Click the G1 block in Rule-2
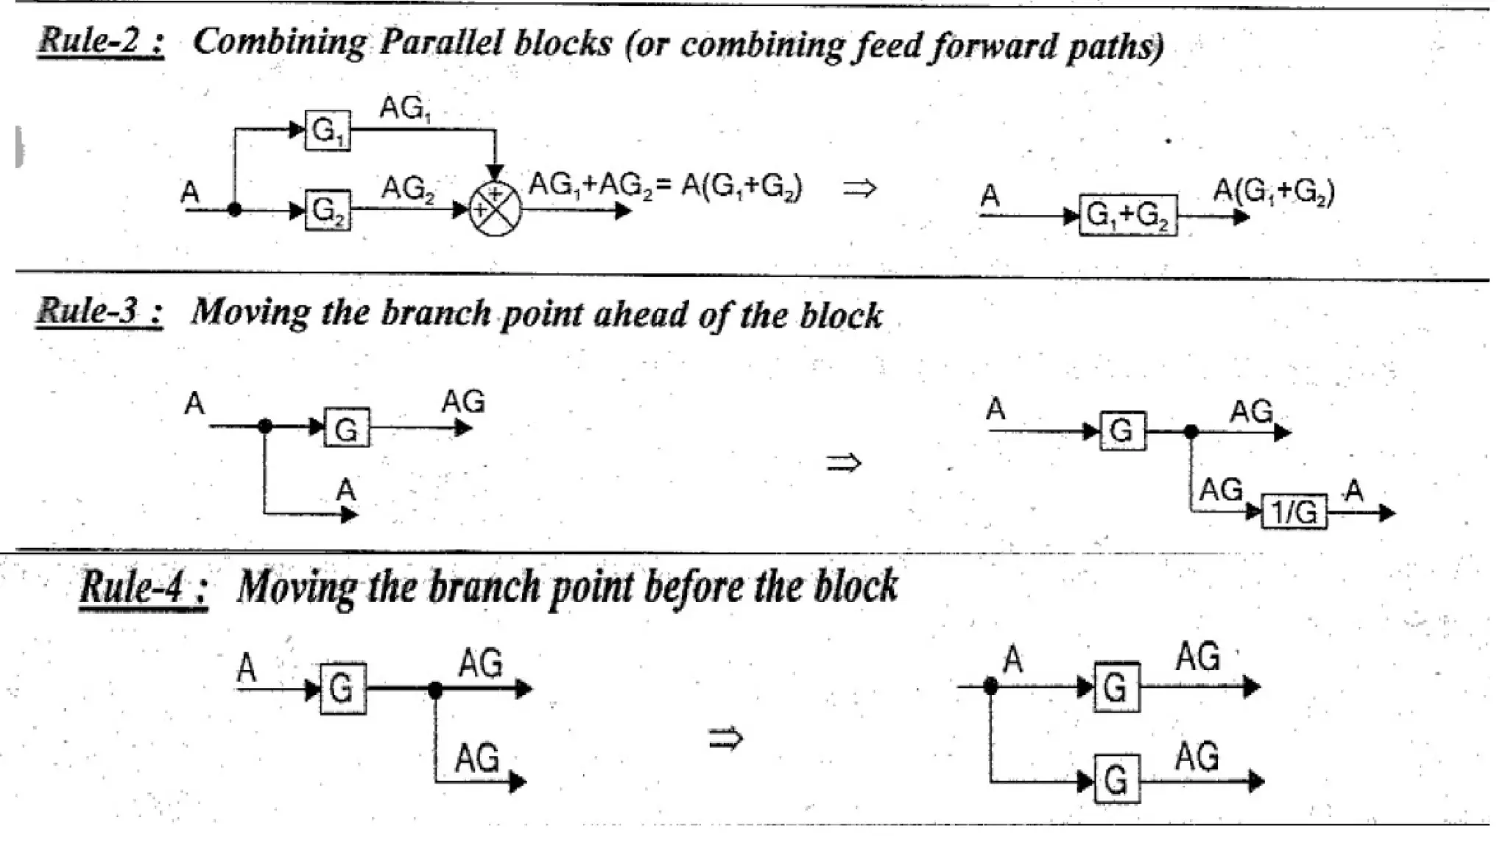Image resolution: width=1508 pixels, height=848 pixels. pos(328,131)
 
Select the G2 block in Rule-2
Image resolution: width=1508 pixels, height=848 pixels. pos(328,211)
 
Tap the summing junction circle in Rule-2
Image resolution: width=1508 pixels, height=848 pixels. pos(495,210)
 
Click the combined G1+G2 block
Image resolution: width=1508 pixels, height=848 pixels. pos(1127,216)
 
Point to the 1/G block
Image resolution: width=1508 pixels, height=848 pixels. pos(1294,512)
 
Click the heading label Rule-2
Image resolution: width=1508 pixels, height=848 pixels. pos(101,40)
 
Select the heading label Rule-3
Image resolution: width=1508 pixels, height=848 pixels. pos(99,312)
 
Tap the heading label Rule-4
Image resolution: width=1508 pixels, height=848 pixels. pos(144,588)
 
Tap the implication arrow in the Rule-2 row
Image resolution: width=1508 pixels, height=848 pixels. pos(859,188)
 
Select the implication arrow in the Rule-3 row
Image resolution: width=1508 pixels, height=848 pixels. pos(843,463)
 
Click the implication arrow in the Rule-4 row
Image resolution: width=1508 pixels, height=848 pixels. pos(725,738)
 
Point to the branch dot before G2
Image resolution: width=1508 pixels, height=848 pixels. pos(235,210)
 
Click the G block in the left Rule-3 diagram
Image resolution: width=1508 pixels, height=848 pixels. pos(347,428)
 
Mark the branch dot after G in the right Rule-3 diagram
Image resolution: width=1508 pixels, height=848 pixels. pos(1191,432)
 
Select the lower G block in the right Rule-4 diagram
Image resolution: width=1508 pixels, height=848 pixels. pos(1116,780)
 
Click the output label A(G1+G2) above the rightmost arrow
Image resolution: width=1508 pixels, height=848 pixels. pos(1273,192)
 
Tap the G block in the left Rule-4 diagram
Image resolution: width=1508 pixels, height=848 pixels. pos(342,689)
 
